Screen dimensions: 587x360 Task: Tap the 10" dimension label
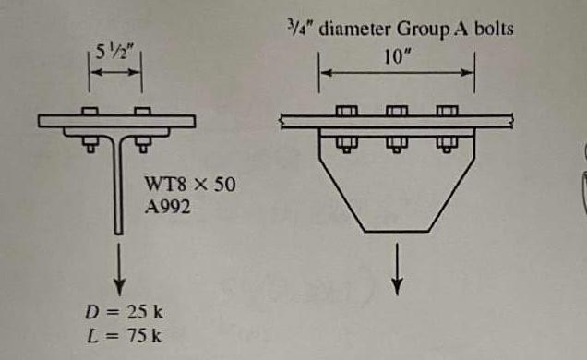pos(397,57)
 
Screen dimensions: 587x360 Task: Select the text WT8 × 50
pos(190,184)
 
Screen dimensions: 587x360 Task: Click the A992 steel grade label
pos(168,207)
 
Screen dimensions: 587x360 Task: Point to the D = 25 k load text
pos(124,312)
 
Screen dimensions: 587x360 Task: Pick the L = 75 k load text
pos(124,335)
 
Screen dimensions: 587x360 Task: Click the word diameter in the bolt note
pos(354,29)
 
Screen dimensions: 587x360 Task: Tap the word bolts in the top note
pos(494,29)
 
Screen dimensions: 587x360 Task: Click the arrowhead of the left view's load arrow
pos(119,289)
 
